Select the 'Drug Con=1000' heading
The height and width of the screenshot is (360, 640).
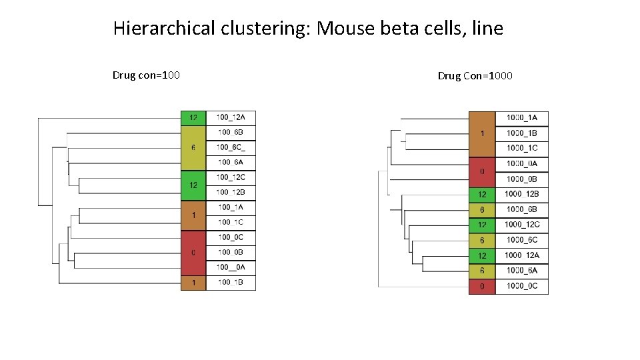click(475, 76)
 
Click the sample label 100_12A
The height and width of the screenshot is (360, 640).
click(231, 117)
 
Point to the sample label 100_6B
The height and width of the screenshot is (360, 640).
click(231, 132)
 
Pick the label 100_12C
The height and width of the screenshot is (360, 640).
click(231, 177)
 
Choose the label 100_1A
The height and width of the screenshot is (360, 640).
click(231, 207)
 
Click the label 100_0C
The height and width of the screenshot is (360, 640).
click(231, 237)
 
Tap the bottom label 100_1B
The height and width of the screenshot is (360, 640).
click(231, 283)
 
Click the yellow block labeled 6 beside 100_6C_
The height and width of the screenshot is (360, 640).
click(193, 147)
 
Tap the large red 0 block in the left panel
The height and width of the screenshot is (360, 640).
click(193, 253)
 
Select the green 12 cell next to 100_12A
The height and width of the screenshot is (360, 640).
click(193, 117)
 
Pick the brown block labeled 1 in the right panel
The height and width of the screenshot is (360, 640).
click(482, 133)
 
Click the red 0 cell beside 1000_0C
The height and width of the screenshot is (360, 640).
click(482, 286)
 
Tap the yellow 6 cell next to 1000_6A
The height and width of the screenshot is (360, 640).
click(482, 270)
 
